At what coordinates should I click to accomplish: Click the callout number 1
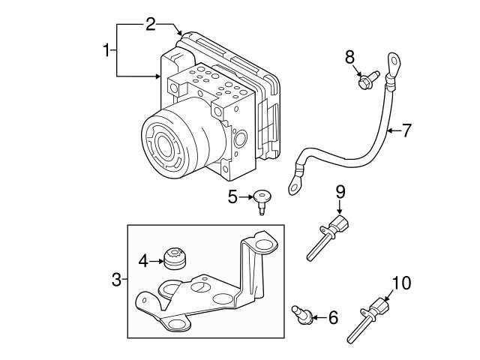(106, 50)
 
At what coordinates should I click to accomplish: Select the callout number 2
(150, 24)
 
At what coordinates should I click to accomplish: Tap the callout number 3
(116, 280)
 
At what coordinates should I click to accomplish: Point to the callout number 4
(144, 262)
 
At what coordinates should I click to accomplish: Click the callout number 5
(232, 197)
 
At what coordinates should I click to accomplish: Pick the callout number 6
(332, 318)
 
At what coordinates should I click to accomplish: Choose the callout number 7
(406, 130)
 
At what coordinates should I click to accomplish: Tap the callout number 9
(340, 193)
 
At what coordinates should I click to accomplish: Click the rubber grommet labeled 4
(175, 260)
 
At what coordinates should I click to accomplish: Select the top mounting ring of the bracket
(263, 244)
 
